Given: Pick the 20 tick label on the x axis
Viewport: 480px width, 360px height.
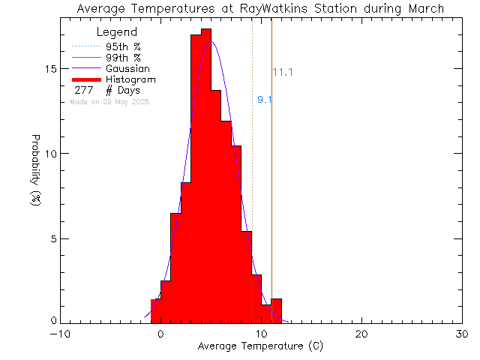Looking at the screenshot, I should coord(362,334).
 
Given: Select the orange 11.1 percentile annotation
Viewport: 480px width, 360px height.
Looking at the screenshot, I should coord(282,73).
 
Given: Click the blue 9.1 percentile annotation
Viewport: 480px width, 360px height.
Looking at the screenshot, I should coord(264,100).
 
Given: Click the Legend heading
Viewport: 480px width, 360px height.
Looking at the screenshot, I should coord(118,32).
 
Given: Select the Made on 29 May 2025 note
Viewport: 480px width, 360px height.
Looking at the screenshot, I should coord(109,101).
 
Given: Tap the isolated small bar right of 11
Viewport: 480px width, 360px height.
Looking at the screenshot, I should coord(277,310).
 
